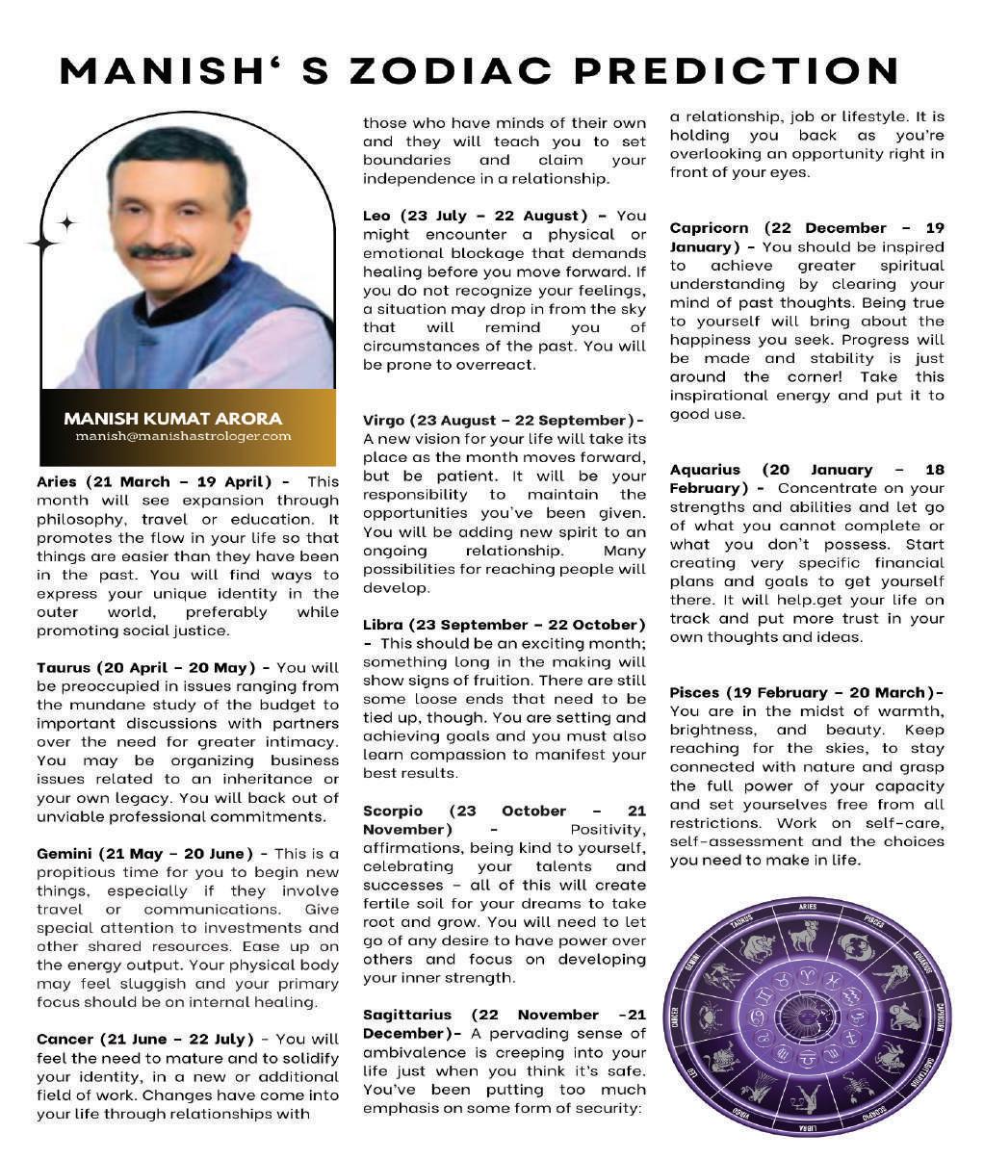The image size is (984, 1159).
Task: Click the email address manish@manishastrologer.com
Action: (x=183, y=436)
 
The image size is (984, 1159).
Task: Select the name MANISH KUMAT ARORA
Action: (x=173, y=419)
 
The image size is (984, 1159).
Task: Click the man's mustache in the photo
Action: (x=161, y=252)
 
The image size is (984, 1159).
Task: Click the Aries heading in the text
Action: (x=154, y=481)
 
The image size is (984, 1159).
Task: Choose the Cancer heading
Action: (x=144, y=1040)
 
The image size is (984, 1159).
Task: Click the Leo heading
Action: (x=479, y=216)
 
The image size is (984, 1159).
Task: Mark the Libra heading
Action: (x=503, y=625)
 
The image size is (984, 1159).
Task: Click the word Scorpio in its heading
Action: (x=393, y=811)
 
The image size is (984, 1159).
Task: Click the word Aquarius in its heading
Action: (x=705, y=470)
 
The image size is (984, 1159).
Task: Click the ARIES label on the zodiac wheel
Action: (x=808, y=907)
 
